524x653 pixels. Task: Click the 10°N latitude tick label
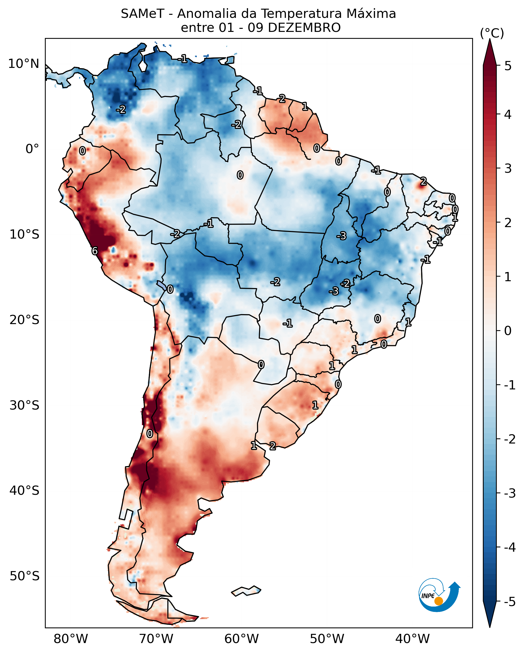point(24,64)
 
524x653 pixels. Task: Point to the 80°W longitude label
point(71,639)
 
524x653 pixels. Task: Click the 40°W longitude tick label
point(412,639)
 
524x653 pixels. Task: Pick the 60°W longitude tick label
point(241,639)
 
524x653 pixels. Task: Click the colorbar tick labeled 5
point(508,66)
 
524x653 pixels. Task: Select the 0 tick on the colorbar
point(508,331)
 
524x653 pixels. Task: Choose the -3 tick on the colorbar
point(509,493)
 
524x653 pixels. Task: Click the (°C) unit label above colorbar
point(492,33)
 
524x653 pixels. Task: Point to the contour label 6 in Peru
point(95,251)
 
